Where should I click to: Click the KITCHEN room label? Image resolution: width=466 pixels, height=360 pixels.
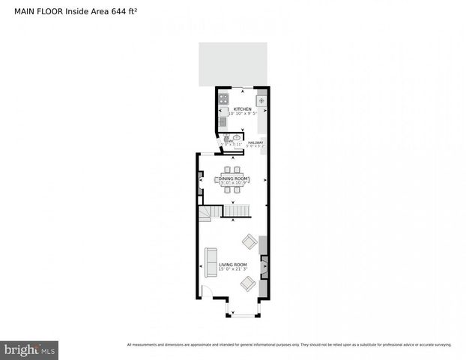pos(242,109)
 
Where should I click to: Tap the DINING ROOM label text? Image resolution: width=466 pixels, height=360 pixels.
pos(233,177)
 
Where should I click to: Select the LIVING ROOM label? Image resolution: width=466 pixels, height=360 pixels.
pos(233,265)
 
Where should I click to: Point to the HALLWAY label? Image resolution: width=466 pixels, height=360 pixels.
pos(255,142)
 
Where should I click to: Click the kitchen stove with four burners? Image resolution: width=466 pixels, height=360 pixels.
pos(223,97)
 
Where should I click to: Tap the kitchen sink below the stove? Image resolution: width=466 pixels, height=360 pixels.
pos(223,120)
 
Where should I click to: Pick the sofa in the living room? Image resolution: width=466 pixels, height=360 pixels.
pos(211,259)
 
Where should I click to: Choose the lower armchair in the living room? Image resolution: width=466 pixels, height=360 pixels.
pos(248,283)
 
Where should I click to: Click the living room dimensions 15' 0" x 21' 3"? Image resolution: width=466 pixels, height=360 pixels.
pos(233,269)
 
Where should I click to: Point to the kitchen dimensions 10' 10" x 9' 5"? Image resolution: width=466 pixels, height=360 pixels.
pos(242,114)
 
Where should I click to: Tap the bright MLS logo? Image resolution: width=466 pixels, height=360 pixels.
pos(30,349)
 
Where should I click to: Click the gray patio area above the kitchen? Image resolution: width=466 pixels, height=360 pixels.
pos(233,64)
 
